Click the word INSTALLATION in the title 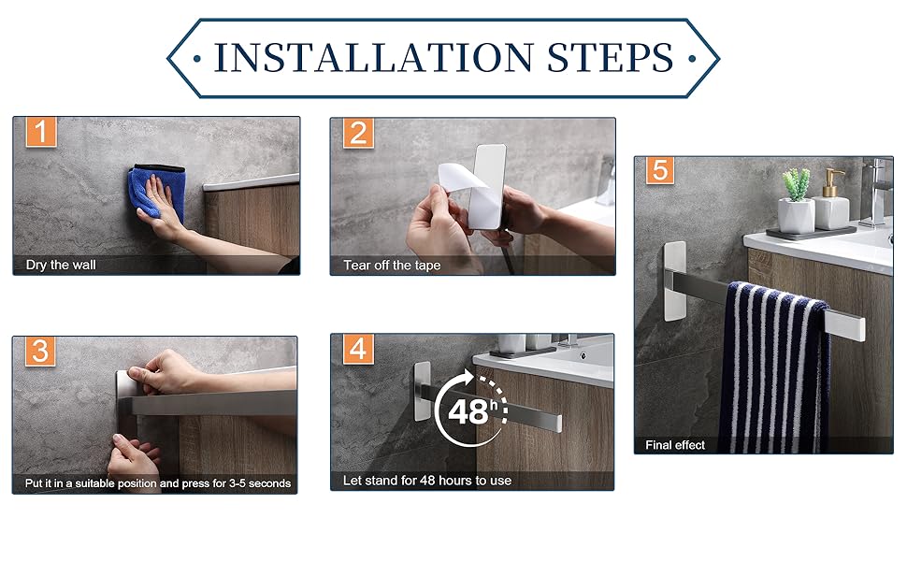click(x=374, y=57)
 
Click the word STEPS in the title click(x=611, y=57)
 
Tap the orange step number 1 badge click(x=41, y=132)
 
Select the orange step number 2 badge click(x=358, y=134)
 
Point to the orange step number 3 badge click(x=40, y=351)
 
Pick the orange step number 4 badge click(x=358, y=350)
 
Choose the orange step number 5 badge click(x=660, y=170)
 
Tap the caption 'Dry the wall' click(x=61, y=265)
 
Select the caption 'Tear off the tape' click(x=392, y=266)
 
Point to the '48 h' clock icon click(x=471, y=410)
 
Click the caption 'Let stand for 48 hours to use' click(x=427, y=481)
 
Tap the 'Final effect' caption click(x=675, y=445)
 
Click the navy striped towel click(x=774, y=367)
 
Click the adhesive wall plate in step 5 click(x=675, y=280)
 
